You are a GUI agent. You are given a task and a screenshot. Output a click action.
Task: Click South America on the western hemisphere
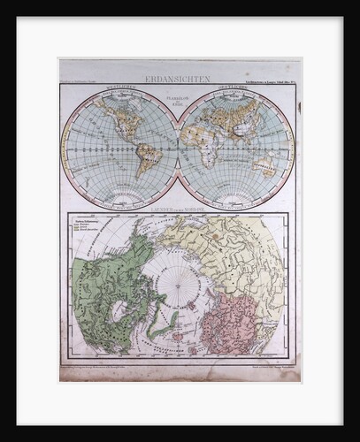pos(145,159)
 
